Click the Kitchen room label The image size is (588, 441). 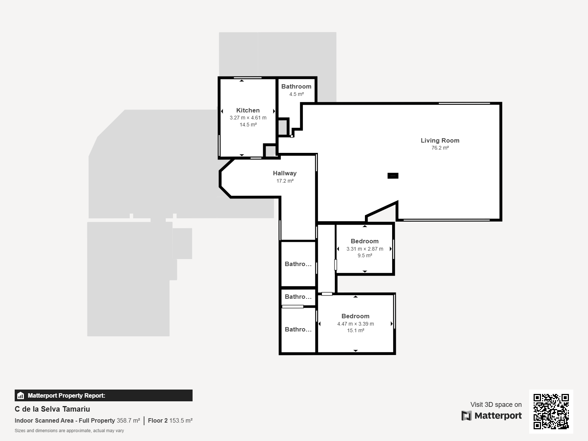248,110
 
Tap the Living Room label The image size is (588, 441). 440,141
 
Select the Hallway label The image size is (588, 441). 285,173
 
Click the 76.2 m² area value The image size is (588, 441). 440,148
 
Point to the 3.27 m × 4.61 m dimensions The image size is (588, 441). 248,118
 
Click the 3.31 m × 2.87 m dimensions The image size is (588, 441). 365,249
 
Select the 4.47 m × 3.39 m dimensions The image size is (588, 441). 355,324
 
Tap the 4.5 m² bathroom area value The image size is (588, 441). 296,94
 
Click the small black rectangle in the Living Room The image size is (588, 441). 393,176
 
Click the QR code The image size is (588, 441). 551,411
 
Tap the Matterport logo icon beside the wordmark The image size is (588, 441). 466,416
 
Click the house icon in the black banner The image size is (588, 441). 20,395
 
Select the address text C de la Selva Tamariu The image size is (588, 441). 52,409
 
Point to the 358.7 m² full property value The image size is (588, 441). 128,420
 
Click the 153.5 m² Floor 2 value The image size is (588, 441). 181,420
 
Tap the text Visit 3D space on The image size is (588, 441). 496,404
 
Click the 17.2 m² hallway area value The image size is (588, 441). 285,181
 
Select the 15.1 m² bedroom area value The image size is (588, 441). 355,331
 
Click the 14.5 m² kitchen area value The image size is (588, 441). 248,125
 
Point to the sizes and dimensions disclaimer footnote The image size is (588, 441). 69,431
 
